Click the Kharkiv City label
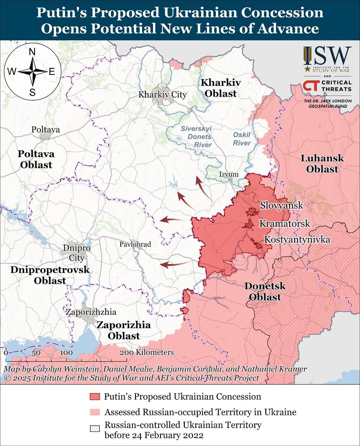162,95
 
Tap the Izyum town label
229,174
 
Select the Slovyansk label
281,205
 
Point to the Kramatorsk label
285,224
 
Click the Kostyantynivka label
297,240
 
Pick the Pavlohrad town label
135,244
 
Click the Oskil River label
242,139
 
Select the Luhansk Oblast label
322,163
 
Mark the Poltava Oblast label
36,159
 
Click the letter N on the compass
32,52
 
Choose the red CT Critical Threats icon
311,86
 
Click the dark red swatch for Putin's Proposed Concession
95,397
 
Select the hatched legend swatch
95,429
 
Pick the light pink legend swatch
95,412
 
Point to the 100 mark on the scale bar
66,353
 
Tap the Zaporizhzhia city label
91,312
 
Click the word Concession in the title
282,13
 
